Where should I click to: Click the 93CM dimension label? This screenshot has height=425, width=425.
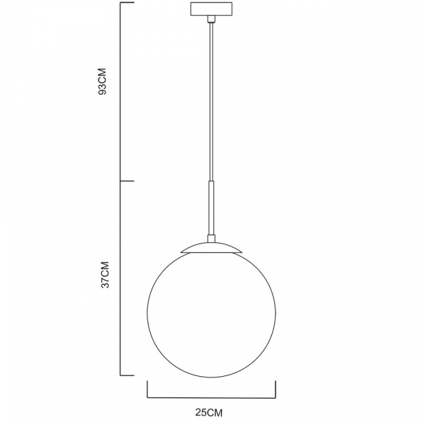click(103, 83)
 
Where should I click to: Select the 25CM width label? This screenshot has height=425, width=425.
click(212, 411)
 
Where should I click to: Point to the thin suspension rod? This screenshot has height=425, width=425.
click(210, 99)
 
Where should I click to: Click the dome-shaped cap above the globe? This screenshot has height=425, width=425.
click(210, 247)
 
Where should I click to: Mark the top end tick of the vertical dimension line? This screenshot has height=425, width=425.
click(127, 4)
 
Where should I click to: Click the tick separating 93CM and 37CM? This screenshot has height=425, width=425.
click(127, 181)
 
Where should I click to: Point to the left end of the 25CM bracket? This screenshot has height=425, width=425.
click(147, 390)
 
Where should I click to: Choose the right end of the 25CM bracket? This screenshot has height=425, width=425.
click(276, 390)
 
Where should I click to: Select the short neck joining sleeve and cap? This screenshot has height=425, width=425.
click(210, 237)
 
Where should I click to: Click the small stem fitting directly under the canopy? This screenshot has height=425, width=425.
click(210, 24)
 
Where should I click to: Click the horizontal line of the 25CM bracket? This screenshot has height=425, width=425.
click(211, 397)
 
